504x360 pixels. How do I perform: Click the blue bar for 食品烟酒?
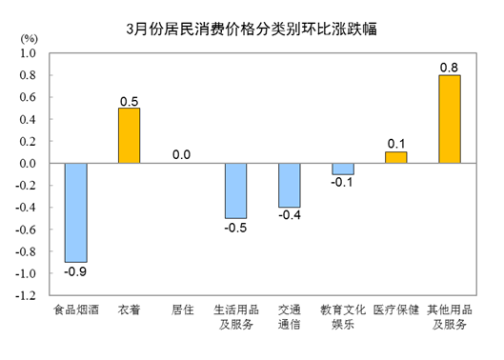click(x=75, y=212)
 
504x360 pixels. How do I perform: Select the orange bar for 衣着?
click(x=129, y=135)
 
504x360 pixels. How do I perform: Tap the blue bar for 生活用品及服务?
click(x=235, y=190)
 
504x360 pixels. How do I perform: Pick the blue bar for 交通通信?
click(x=289, y=185)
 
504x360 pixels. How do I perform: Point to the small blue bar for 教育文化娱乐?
click(x=342, y=169)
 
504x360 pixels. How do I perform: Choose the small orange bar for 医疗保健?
click(x=395, y=157)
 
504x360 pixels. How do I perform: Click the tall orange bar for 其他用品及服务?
click(x=449, y=119)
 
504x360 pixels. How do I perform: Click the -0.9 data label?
click(x=75, y=271)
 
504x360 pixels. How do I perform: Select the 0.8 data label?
click(x=449, y=67)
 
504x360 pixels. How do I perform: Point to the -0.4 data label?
click(x=289, y=217)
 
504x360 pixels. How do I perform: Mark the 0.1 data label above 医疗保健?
click(x=395, y=143)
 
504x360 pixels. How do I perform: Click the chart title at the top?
click(x=252, y=28)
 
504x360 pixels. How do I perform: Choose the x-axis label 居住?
click(x=182, y=310)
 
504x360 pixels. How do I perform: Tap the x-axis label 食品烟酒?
click(x=75, y=310)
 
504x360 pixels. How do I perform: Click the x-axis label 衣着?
click(x=129, y=310)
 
